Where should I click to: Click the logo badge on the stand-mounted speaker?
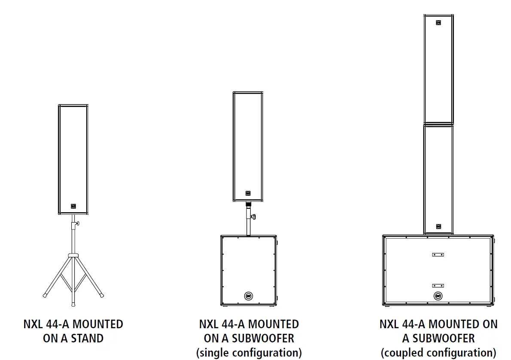click(73, 206)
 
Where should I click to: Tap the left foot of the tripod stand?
click(45, 296)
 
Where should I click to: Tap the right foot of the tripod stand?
click(102, 296)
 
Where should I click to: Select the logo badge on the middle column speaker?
click(248, 193)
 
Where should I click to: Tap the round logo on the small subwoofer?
click(248, 296)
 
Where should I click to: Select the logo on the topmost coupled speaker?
click(438, 23)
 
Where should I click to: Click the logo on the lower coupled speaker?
click(438, 226)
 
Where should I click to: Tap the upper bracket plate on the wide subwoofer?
click(438, 254)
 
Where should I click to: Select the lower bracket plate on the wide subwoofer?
click(438, 285)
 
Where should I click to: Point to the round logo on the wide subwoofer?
click(438, 296)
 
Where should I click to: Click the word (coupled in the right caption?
click(401, 353)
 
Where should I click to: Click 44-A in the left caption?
click(57, 324)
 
